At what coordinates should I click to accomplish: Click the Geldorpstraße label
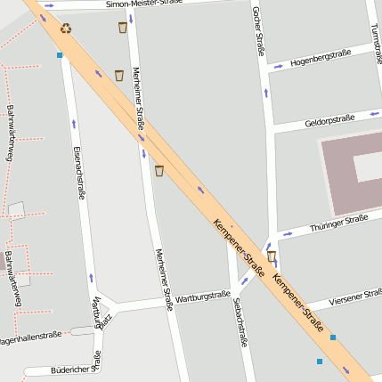329,119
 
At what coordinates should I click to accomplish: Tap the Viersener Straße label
354,297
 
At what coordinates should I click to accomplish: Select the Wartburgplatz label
102,313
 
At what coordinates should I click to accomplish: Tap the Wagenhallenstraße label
30,337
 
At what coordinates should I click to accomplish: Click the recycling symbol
66,28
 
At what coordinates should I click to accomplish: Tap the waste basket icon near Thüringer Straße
272,256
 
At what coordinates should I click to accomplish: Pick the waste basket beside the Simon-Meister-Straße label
122,28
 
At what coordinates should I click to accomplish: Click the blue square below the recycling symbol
60,55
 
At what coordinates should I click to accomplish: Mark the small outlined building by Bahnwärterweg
17,210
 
